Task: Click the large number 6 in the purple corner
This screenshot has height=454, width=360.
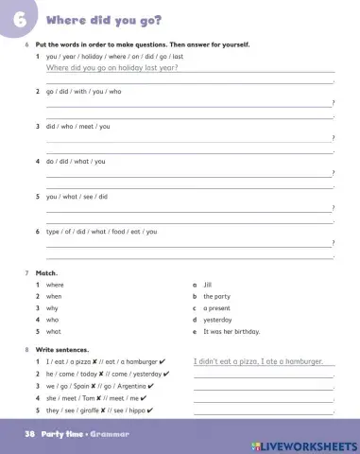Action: click(18, 20)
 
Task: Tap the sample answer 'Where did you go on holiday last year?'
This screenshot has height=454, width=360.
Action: click(111, 68)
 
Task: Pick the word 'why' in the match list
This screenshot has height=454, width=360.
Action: click(53, 308)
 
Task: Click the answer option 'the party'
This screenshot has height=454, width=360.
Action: click(216, 296)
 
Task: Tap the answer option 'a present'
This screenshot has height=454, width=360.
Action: click(217, 308)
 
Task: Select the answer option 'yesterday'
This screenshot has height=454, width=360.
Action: click(217, 320)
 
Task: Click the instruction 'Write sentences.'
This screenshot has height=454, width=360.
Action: click(62, 350)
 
